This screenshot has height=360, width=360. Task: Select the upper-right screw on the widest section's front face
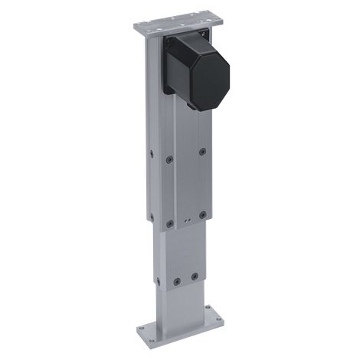202,151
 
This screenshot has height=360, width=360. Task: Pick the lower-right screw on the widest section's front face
202,214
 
